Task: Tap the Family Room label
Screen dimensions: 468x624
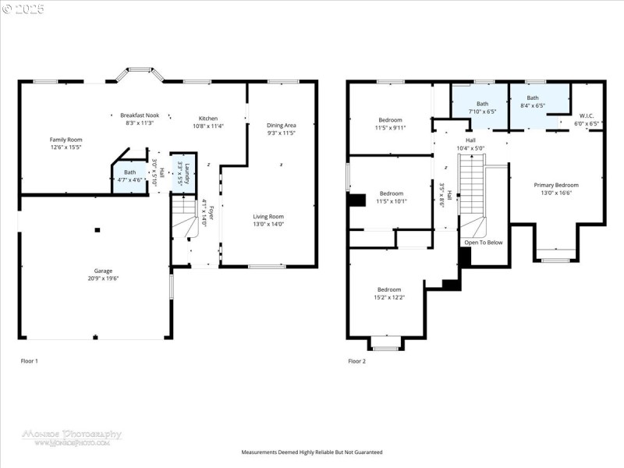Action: tap(66, 143)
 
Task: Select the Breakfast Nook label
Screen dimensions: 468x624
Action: tap(140, 119)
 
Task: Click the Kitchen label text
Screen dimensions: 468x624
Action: tap(207, 122)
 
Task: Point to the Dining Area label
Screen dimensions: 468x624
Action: tap(281, 129)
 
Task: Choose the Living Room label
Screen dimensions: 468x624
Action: tap(268, 220)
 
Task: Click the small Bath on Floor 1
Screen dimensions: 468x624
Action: tap(129, 175)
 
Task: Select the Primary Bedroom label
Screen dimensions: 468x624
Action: tap(555, 189)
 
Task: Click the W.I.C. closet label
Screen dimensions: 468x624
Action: tap(587, 119)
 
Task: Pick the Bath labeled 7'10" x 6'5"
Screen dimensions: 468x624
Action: tap(482, 108)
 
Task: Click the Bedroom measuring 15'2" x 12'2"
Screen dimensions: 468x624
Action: tap(388, 292)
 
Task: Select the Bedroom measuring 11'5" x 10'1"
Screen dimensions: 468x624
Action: tap(391, 197)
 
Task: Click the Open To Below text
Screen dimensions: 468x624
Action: tap(484, 243)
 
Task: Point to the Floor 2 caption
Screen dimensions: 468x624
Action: tap(356, 361)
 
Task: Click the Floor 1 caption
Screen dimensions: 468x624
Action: tap(29, 361)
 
